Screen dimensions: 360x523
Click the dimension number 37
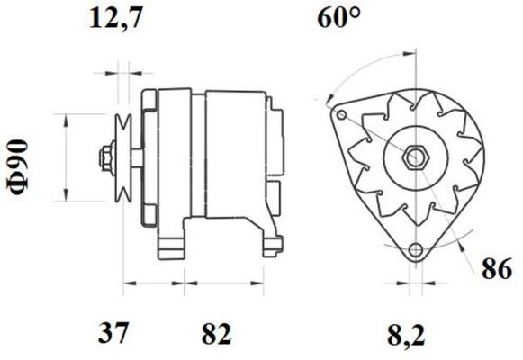(x=113, y=335)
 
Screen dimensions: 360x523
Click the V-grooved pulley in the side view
(x=124, y=157)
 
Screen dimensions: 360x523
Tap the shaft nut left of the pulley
(x=104, y=157)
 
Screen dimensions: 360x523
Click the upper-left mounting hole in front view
(x=340, y=115)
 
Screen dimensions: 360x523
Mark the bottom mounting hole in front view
(x=414, y=251)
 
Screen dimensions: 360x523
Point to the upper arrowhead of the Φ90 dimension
(x=66, y=118)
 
